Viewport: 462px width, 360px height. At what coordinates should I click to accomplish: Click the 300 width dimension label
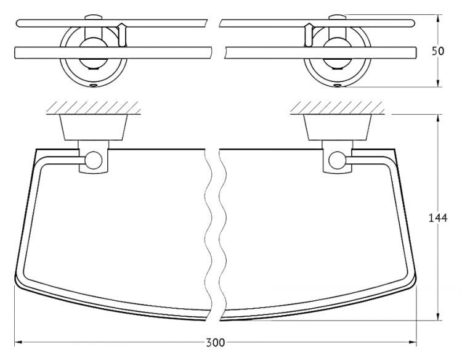[x=215, y=343]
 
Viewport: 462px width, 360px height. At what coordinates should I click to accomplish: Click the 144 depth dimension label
[x=437, y=218]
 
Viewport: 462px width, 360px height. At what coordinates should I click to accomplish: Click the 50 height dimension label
[x=438, y=51]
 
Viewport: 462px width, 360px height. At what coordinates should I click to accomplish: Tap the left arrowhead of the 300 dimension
[x=18, y=342]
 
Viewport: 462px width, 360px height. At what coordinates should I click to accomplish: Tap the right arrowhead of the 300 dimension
[x=413, y=342]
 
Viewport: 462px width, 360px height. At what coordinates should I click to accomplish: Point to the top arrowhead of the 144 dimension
[x=439, y=118]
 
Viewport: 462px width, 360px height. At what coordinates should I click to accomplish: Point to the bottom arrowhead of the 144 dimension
[x=439, y=316]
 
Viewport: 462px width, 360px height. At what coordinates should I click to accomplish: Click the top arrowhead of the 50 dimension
[x=439, y=19]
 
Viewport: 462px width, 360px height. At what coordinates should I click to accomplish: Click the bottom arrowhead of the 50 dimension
[x=439, y=83]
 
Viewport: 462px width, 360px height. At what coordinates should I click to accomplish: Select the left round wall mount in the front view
[x=94, y=57]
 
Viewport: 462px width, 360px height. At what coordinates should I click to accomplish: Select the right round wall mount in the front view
[x=337, y=57]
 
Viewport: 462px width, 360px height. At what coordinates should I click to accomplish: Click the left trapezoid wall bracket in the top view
[x=94, y=127]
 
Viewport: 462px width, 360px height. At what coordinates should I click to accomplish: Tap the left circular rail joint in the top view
[x=94, y=160]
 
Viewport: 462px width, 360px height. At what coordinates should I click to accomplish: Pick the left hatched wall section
[x=93, y=108]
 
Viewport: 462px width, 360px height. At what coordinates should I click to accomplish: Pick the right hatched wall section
[x=337, y=108]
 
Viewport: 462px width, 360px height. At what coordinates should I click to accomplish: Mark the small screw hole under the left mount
[x=94, y=86]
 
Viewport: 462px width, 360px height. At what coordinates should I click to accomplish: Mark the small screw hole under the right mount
[x=337, y=86]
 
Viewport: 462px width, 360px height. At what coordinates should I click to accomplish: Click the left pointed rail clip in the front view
[x=121, y=35]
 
